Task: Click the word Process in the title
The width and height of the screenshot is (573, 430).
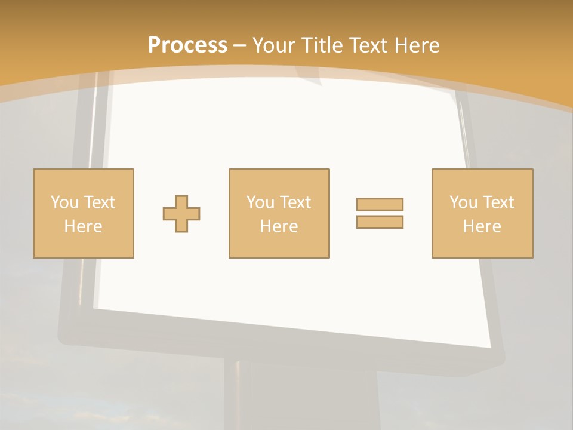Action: pyautogui.click(x=187, y=45)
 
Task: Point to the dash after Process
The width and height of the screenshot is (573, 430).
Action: pyautogui.click(x=240, y=45)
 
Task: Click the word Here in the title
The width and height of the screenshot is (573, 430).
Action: pyautogui.click(x=417, y=45)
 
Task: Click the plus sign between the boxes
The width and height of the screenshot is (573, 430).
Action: pyautogui.click(x=181, y=214)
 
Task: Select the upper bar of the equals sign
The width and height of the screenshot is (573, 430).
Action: pyautogui.click(x=380, y=204)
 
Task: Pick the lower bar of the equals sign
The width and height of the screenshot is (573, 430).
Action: pyautogui.click(x=380, y=222)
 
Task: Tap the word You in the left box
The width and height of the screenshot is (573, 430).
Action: pyautogui.click(x=64, y=202)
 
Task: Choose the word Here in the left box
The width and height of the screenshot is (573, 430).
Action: pyautogui.click(x=83, y=226)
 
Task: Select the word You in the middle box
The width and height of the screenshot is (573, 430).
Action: pyautogui.click(x=260, y=202)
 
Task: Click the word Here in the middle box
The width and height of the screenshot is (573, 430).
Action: pyautogui.click(x=279, y=226)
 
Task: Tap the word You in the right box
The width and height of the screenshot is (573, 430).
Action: pyautogui.click(x=463, y=202)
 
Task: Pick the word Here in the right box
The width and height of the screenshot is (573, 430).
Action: pyautogui.click(x=482, y=226)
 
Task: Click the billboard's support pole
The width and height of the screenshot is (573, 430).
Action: pyautogui.click(x=239, y=394)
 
